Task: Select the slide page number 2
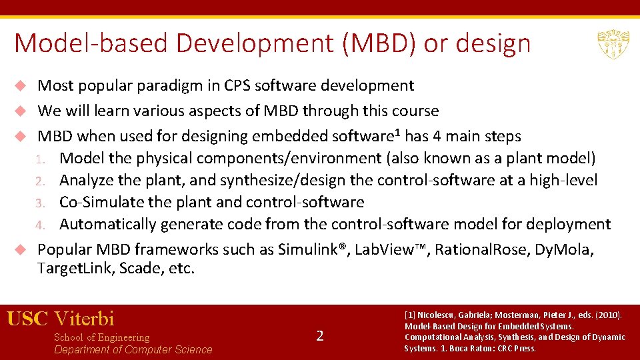[320, 336]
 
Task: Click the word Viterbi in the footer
[85, 318]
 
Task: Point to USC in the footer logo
[27, 318]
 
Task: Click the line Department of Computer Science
[133, 350]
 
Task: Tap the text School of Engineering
[101, 337]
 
